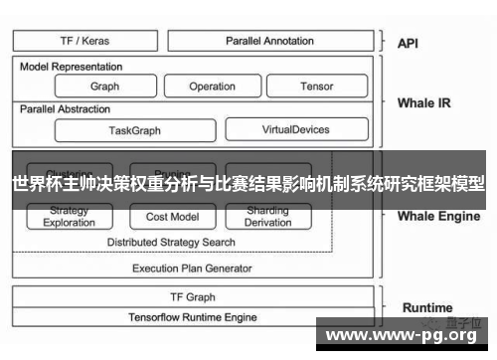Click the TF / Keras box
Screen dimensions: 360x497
86,41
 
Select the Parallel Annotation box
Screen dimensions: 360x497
269,41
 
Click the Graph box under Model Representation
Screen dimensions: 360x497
104,87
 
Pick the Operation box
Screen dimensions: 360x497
212,87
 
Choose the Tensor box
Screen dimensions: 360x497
316,87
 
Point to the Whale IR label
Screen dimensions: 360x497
423,102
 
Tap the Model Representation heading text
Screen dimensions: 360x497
72,67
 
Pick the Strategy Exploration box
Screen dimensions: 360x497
69,217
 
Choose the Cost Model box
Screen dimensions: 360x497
172,217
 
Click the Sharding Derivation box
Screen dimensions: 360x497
266,217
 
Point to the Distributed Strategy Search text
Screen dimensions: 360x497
171,242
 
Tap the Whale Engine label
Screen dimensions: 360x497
438,215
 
